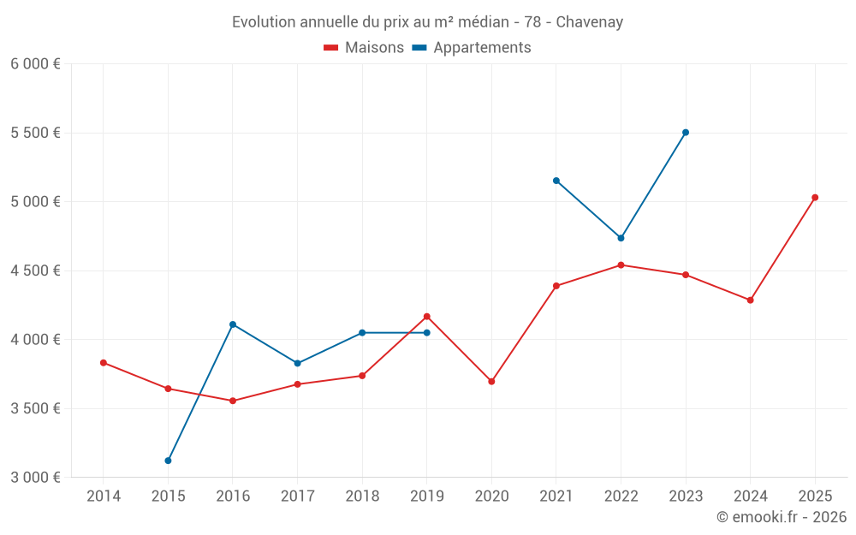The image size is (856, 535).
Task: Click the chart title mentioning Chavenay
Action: [x=427, y=21]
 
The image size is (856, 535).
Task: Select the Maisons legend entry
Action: [x=364, y=48]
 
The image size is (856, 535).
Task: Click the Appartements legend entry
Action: [x=472, y=48]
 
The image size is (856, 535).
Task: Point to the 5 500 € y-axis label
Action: [x=35, y=133]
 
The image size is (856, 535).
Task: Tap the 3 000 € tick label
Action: [x=35, y=477]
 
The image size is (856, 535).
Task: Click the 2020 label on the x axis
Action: [x=491, y=496]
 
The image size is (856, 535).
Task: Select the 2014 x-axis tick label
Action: [x=104, y=496]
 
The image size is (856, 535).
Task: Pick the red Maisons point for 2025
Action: [x=815, y=198]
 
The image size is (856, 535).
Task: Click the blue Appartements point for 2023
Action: [x=686, y=133]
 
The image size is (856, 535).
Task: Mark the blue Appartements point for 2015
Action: [x=168, y=461]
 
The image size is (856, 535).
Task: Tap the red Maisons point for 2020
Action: [x=491, y=382]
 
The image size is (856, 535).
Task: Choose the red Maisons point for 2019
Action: [x=427, y=317]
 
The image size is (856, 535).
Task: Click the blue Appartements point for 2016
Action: [x=233, y=324]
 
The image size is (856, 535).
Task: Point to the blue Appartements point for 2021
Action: [x=556, y=181]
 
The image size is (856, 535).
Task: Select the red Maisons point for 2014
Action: [x=104, y=363]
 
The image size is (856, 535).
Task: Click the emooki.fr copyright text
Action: [x=781, y=517]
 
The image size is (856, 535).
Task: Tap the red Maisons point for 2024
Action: [x=750, y=300]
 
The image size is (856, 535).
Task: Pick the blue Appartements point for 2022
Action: [x=621, y=238]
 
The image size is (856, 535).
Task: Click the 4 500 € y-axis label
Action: [x=35, y=270]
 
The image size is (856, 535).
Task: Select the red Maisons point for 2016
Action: [x=233, y=401]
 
